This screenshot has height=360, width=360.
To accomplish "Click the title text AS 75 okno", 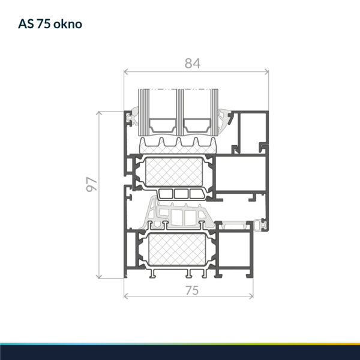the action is pos(50,24).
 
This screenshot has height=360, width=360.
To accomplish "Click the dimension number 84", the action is pos(193,64).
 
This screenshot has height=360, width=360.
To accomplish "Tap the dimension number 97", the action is pos(92,184).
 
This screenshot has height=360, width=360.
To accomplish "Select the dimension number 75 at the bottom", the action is pos(192,290).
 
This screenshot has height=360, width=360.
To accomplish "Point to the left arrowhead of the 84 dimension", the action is pos(125,72).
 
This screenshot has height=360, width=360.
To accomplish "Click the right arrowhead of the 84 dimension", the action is pos(267,72).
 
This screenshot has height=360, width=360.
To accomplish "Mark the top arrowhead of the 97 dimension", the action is pos(99,113).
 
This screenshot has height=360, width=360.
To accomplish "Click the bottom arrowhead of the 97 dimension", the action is pos(99,277).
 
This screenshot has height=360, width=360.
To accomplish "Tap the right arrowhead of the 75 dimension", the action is pos(251,296).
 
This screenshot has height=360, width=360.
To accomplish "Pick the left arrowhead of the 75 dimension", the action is pos(125,296).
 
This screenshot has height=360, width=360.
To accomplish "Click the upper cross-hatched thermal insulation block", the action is pos(174,172).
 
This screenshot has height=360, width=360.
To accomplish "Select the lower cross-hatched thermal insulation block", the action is pos(177,250).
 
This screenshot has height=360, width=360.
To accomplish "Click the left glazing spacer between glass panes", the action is pos(163,125).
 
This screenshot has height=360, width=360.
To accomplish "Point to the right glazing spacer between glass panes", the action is pos(197,125).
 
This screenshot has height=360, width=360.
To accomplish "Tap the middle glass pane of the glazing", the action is pos(180,112).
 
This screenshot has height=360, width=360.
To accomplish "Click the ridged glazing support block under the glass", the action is pos(178,146).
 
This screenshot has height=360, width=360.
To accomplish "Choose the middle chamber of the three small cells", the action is pos(181,194).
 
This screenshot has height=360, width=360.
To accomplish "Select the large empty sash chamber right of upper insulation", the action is pos(240,173).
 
